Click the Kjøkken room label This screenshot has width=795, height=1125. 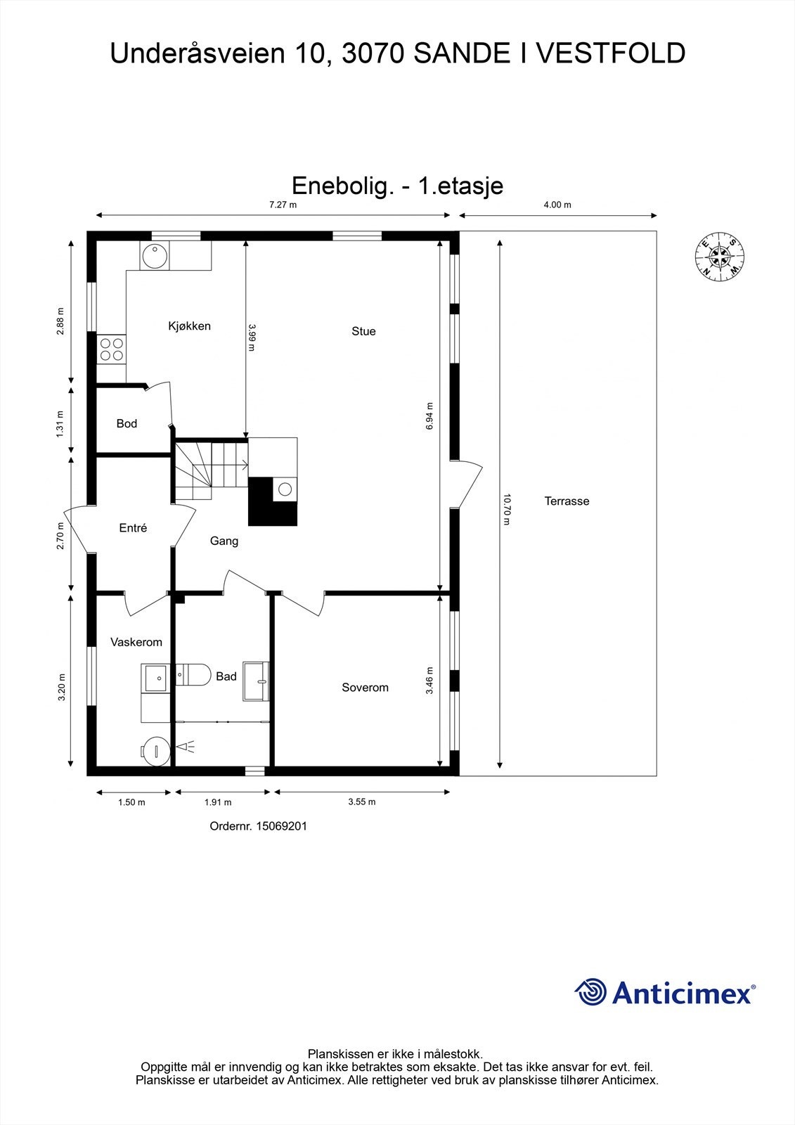[x=189, y=326]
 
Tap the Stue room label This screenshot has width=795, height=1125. [x=363, y=331]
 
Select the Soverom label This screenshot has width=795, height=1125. [x=365, y=688]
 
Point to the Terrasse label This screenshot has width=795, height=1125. [x=567, y=501]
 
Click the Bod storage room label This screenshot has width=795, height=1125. [x=127, y=423]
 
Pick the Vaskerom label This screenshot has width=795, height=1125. [x=136, y=642]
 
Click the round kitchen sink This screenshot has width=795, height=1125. [x=154, y=256]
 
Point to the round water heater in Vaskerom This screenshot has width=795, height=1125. [x=155, y=750]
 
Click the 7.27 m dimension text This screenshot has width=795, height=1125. [x=283, y=205]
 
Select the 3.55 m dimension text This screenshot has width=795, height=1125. [x=362, y=802]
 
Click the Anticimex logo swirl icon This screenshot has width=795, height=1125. [x=590, y=993]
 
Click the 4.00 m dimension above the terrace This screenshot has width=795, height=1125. [x=557, y=205]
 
